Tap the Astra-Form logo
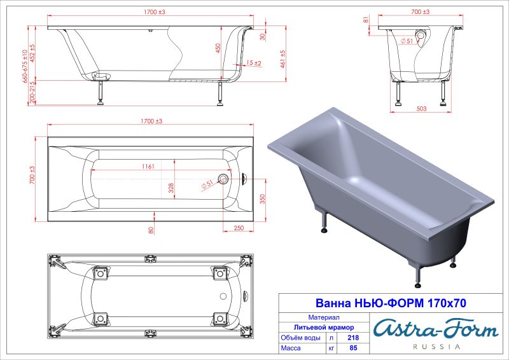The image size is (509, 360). coord(435,329)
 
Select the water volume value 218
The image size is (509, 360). coord(347,338)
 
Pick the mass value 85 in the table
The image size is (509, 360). coord(347,349)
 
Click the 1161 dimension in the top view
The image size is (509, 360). coord(150,167)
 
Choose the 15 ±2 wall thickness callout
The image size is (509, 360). coord(253,63)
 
